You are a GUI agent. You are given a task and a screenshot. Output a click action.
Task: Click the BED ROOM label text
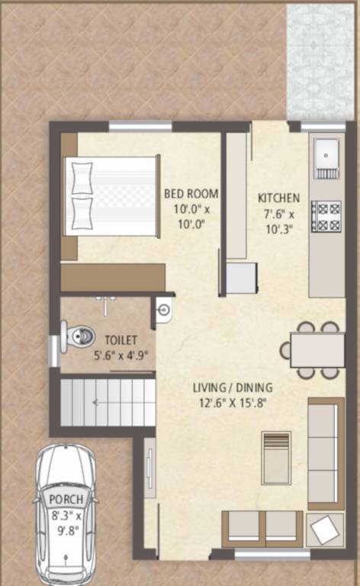191,194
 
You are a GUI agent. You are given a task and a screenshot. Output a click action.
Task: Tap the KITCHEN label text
278,197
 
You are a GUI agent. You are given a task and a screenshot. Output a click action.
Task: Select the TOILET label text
121,340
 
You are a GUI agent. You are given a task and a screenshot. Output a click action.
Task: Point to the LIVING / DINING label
233,388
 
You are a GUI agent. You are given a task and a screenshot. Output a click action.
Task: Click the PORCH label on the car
66,499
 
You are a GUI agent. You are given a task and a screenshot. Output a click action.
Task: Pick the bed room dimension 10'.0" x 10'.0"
191,217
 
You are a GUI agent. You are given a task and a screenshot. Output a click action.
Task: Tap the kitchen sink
326,156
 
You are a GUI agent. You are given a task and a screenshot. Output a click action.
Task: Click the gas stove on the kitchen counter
326,215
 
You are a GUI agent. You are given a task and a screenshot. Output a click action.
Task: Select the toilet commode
77,335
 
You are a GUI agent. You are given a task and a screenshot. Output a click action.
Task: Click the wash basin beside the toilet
164,309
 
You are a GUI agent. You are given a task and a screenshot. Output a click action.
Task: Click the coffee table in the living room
276,458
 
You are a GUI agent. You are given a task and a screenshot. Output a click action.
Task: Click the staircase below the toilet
108,402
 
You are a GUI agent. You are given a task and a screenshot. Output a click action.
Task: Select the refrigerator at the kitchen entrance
242,278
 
